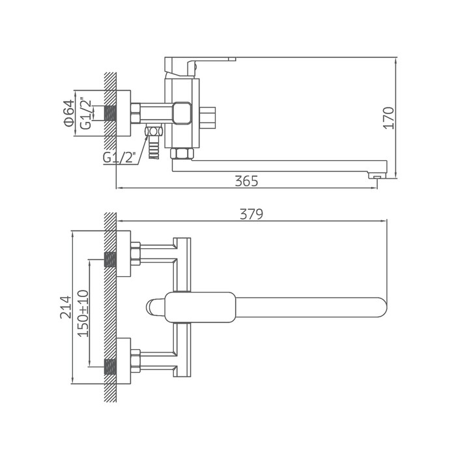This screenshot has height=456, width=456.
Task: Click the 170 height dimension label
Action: coord(389,118)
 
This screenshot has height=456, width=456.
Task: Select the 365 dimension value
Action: coord(246,181)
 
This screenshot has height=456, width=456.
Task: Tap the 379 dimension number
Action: coord(251,214)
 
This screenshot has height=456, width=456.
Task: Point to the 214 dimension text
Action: coord(66,307)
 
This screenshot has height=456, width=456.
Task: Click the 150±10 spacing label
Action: coord(83,313)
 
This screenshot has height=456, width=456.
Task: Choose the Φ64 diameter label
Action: coord(69,113)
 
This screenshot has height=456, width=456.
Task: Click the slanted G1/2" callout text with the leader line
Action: coord(119,158)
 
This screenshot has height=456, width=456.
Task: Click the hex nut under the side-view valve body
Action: coord(182,154)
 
